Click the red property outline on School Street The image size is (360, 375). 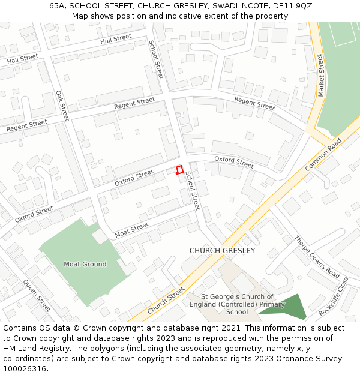(x=178, y=170)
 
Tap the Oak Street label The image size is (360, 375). (x=62, y=105)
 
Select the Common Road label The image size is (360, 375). (x=323, y=154)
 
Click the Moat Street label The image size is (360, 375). (x=131, y=229)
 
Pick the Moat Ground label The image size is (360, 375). (x=85, y=264)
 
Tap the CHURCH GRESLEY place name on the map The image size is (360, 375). (x=222, y=251)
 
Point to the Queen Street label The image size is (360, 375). (x=37, y=295)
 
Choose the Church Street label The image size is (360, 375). (x=166, y=300)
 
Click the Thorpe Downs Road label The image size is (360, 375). (x=317, y=256)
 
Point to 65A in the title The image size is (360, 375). (x=57, y=6)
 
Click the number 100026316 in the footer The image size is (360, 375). (x=24, y=369)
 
